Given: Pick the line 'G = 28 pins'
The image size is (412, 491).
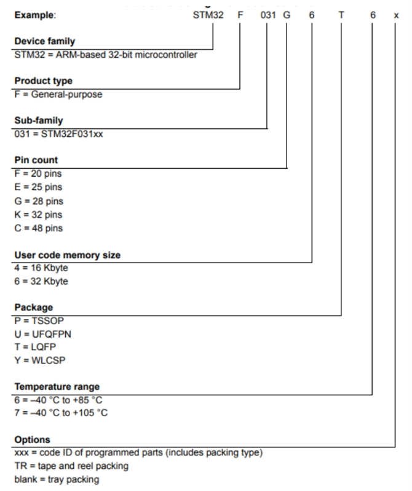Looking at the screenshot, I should (x=38, y=201).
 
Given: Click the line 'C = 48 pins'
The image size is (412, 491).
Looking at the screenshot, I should (x=38, y=228).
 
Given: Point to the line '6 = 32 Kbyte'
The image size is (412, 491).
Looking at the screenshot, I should (x=41, y=282).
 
